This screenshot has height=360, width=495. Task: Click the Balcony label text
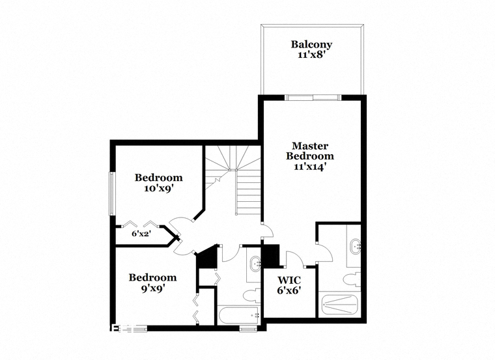pyautogui.click(x=311, y=44)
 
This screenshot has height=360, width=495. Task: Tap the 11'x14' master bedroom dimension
pyautogui.click(x=309, y=167)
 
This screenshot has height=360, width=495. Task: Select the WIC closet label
pyautogui.click(x=289, y=280)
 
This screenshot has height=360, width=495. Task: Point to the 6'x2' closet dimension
pyautogui.click(x=143, y=234)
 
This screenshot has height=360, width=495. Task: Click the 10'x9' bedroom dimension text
pyautogui.click(x=159, y=188)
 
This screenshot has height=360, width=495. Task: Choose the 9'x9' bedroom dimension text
pyautogui.click(x=152, y=288)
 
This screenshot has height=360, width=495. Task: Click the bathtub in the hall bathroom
pyautogui.click(x=239, y=314)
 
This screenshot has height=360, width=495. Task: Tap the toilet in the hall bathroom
pyautogui.click(x=251, y=296)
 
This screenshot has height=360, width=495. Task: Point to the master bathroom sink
pyautogui.click(x=356, y=246)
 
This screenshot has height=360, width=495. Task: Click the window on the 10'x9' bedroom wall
pyautogui.click(x=112, y=194)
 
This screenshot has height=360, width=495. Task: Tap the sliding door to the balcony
pyautogui.click(x=313, y=98)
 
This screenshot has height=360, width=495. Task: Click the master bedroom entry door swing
pyautogui.click(x=268, y=230)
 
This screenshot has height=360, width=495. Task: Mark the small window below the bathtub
pyautogui.click(x=247, y=329)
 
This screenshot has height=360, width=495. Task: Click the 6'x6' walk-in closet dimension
pyautogui.click(x=289, y=290)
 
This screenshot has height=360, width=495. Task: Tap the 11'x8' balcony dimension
pyautogui.click(x=311, y=55)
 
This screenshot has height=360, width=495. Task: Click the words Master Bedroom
pyautogui.click(x=309, y=151)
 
